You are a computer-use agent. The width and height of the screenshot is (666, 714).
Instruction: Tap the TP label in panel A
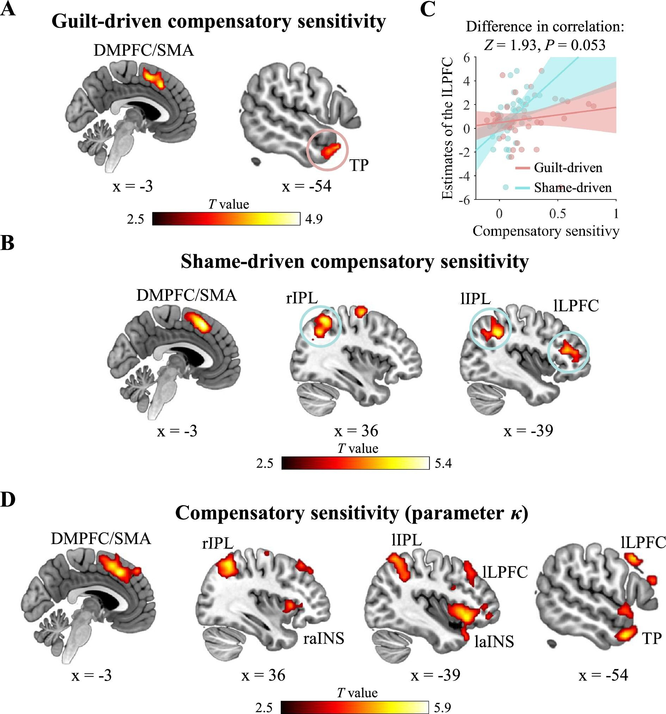click(x=359, y=165)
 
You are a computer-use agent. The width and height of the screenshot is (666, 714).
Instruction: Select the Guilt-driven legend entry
click(x=568, y=168)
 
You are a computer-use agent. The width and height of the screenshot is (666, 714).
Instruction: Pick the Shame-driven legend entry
click(x=572, y=188)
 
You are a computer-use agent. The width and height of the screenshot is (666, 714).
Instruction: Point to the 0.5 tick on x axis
click(x=557, y=214)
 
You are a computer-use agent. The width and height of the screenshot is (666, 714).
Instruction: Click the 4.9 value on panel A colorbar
click(x=314, y=219)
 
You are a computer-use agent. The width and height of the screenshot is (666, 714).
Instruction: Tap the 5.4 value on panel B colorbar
click(x=443, y=463)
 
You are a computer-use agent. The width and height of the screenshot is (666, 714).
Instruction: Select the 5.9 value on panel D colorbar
click(x=442, y=707)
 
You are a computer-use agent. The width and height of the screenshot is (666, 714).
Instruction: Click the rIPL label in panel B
click(x=302, y=298)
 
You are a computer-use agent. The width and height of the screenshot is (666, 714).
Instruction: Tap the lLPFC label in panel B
click(x=576, y=306)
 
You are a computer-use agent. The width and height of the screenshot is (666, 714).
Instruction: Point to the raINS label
click(x=323, y=638)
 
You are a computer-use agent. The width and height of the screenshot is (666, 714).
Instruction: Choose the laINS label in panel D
click(x=494, y=641)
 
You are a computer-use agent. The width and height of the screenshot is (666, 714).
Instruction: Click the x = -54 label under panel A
click(x=306, y=186)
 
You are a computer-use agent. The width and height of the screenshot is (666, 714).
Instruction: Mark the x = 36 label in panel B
click(x=356, y=431)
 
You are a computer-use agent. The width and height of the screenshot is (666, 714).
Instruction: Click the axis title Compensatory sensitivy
click(x=546, y=231)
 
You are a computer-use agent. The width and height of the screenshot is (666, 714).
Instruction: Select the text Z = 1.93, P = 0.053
click(x=545, y=45)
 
